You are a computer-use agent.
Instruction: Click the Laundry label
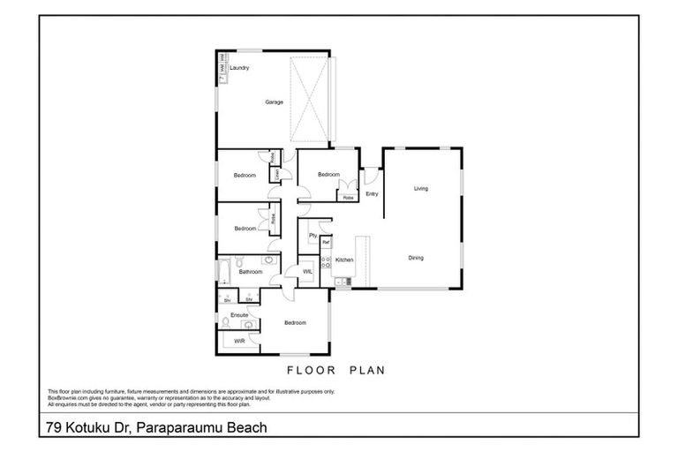(x=239, y=68)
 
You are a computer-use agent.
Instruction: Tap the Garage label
(x=275, y=102)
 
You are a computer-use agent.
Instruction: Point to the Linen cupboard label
(x=277, y=175)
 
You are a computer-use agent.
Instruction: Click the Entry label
(x=372, y=194)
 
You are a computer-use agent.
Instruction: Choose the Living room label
(x=421, y=188)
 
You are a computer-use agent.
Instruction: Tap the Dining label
(x=416, y=258)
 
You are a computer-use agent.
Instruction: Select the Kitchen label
(x=344, y=260)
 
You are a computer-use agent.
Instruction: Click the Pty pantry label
(x=313, y=236)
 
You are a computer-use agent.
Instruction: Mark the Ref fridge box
(x=325, y=242)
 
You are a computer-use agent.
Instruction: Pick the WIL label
(x=307, y=272)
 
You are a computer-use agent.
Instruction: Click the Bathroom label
(x=251, y=272)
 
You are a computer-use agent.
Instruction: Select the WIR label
(x=239, y=340)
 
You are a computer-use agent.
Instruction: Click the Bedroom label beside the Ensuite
(x=295, y=323)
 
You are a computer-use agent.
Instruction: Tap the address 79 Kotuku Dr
(x=88, y=428)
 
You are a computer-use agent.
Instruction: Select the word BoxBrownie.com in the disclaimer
(x=67, y=398)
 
